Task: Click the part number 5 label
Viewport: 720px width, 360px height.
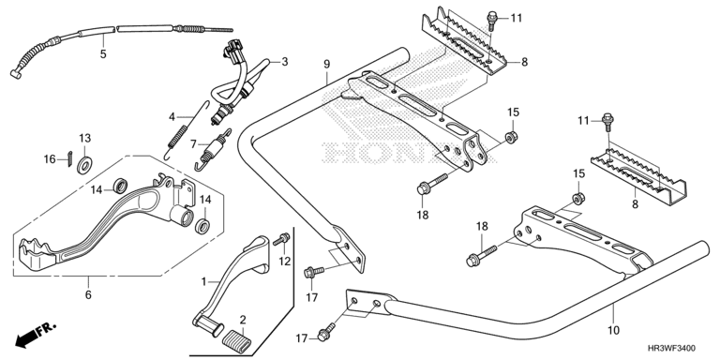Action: pyautogui.click(x=103, y=53)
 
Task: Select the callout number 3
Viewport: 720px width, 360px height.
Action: pyautogui.click(x=285, y=62)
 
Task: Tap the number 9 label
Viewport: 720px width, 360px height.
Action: pyautogui.click(x=326, y=64)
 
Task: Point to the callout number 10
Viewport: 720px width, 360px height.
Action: pyautogui.click(x=614, y=330)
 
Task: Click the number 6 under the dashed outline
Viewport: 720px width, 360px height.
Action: pyautogui.click(x=88, y=294)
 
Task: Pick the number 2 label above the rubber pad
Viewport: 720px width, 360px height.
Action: pyautogui.click(x=243, y=320)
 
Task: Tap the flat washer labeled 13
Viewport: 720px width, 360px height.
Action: pyautogui.click(x=84, y=165)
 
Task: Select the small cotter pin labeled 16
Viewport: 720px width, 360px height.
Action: pyautogui.click(x=69, y=158)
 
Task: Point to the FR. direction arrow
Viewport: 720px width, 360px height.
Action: pyautogui.click(x=36, y=335)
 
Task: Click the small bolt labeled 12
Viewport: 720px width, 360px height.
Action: pyautogui.click(x=281, y=240)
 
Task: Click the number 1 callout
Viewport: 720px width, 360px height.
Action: pyautogui.click(x=203, y=280)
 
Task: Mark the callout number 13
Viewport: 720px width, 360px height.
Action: pyautogui.click(x=85, y=138)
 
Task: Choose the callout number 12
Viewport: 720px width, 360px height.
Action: pyautogui.click(x=285, y=262)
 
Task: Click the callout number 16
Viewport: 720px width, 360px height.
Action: pyautogui.click(x=50, y=159)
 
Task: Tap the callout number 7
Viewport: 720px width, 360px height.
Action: pyautogui.click(x=194, y=144)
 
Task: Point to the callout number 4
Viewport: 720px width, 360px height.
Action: pyautogui.click(x=172, y=117)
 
